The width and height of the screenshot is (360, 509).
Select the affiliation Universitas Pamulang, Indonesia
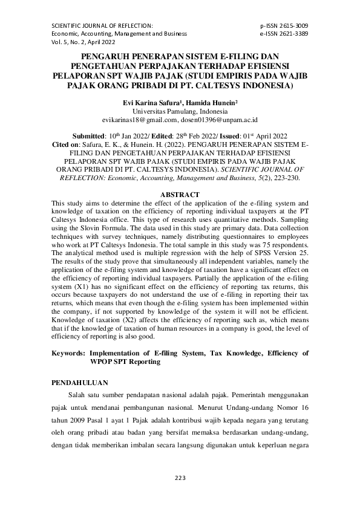[x=180, y=112]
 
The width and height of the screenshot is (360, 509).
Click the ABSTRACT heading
[x=180, y=195]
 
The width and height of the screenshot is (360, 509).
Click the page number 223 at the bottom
[x=180, y=478]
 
